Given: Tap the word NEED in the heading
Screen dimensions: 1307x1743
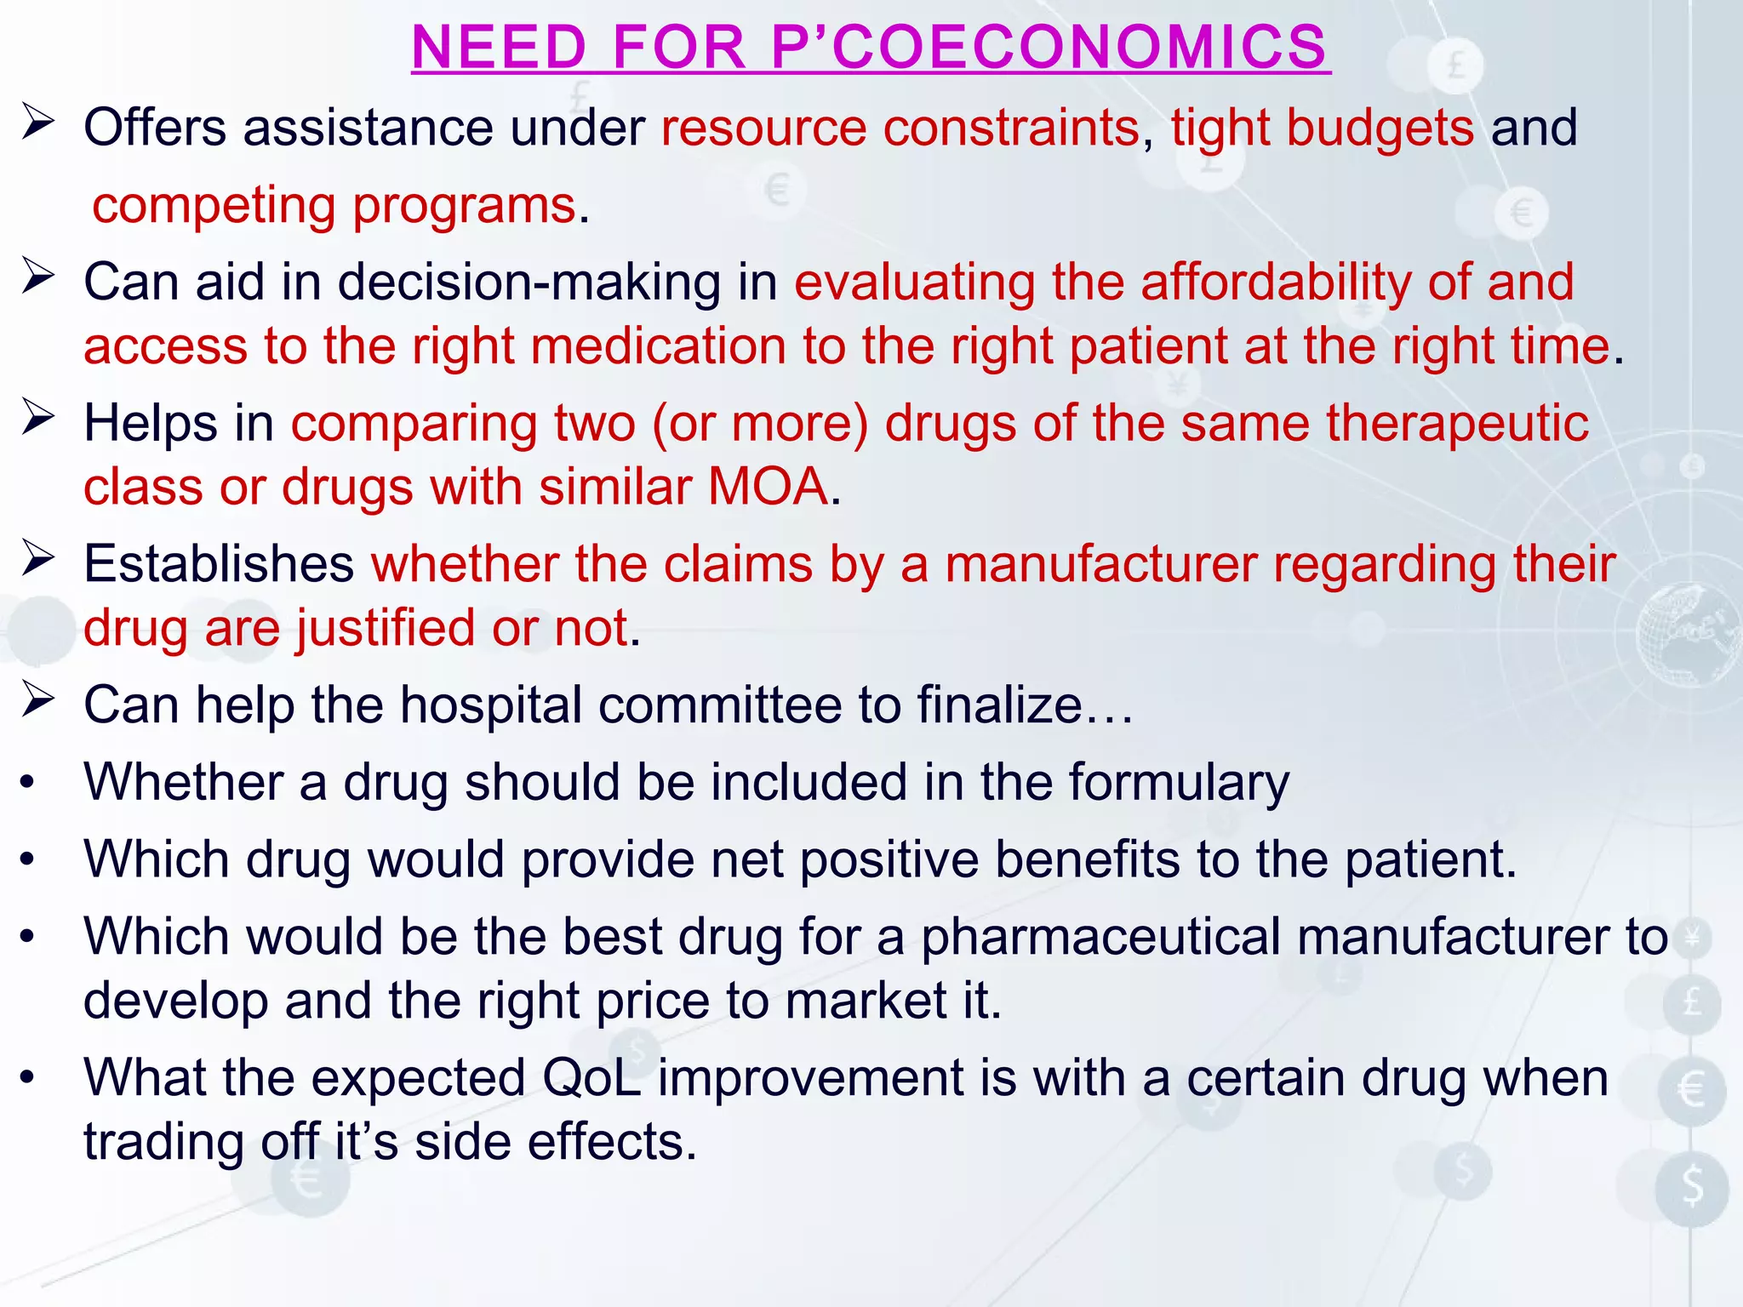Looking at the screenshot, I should [500, 47].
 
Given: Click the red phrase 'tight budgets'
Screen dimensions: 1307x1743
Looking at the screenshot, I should [1322, 128].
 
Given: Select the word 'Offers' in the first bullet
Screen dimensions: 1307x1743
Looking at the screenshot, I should [155, 128].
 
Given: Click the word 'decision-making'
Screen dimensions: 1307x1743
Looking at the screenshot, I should [529, 283].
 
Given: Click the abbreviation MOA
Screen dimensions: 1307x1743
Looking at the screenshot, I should [768, 488].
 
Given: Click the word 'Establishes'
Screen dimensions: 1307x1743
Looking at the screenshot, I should [219, 564].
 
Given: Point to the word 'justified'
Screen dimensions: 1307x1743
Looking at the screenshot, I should [386, 629].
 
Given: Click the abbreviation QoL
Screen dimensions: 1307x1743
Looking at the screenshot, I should [591, 1078].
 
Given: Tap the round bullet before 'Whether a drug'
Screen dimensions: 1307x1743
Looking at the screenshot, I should [28, 784].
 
